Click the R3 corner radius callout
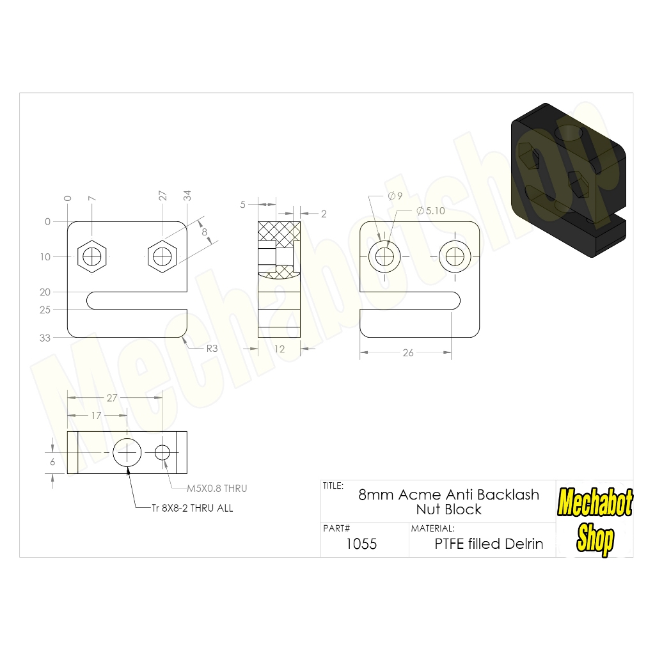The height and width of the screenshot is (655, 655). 212,349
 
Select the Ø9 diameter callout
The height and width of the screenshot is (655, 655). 395,196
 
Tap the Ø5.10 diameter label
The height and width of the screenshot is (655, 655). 430,211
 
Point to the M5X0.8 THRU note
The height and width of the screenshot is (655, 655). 217,488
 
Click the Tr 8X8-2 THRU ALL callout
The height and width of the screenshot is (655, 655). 192,508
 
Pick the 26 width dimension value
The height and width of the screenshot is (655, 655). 408,353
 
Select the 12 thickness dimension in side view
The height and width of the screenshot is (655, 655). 279,349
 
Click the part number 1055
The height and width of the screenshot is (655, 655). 361,544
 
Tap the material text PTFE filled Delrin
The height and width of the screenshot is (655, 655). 489,544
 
